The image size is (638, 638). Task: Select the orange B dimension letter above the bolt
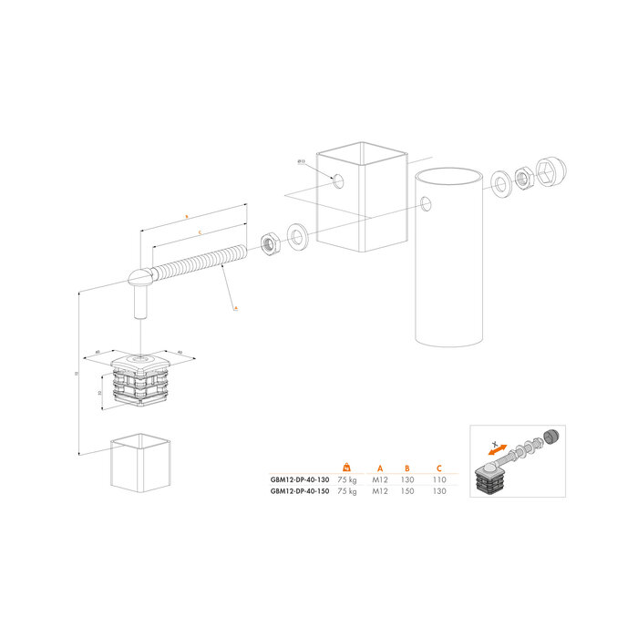(x=187, y=217)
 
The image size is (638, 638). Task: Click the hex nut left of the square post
(x=271, y=243)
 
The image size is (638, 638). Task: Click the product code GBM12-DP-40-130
(x=300, y=478)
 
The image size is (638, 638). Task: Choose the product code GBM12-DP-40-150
(x=300, y=491)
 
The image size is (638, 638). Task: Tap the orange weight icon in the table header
(x=346, y=468)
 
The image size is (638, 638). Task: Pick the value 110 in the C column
(x=438, y=478)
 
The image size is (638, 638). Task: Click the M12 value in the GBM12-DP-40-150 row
(x=377, y=491)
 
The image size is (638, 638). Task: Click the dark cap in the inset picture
(x=550, y=436)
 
